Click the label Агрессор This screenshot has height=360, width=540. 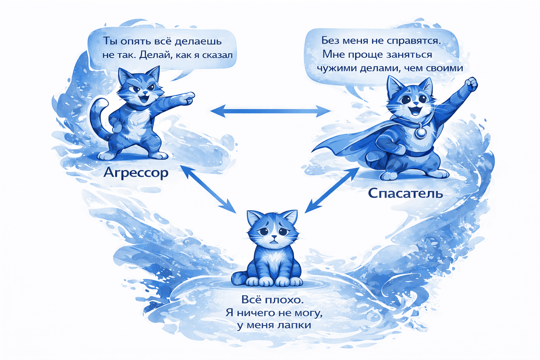136,173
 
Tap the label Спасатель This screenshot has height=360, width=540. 405,193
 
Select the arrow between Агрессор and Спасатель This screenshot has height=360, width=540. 270,111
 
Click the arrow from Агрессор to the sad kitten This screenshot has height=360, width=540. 208,189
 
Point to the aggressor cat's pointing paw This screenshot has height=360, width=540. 188,98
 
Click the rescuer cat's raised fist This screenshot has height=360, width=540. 470,84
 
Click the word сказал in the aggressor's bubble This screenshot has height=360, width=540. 217,55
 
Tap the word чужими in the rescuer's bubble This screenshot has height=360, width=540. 337,68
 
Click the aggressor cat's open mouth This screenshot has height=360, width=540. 144,98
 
